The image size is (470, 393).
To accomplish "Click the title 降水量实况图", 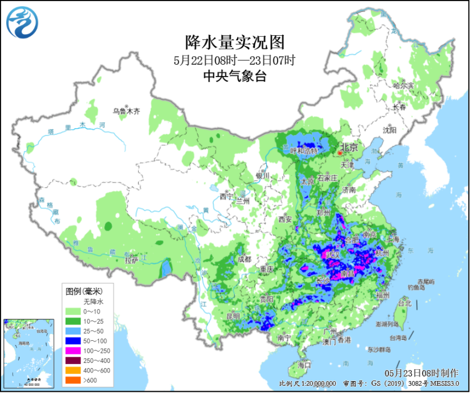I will click(x=234, y=41).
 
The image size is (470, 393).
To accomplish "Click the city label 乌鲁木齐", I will click(x=126, y=112).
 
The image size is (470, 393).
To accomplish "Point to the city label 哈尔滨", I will click(x=403, y=85).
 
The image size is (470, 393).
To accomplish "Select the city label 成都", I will click(x=244, y=259).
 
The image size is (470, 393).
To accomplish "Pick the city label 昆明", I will click(x=233, y=315).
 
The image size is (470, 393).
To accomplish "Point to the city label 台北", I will click(x=404, y=303).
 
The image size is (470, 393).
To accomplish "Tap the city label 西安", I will click(x=284, y=219).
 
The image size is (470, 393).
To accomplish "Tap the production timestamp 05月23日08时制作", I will click(x=421, y=373).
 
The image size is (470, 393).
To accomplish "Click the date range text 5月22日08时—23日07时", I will click(x=234, y=60).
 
